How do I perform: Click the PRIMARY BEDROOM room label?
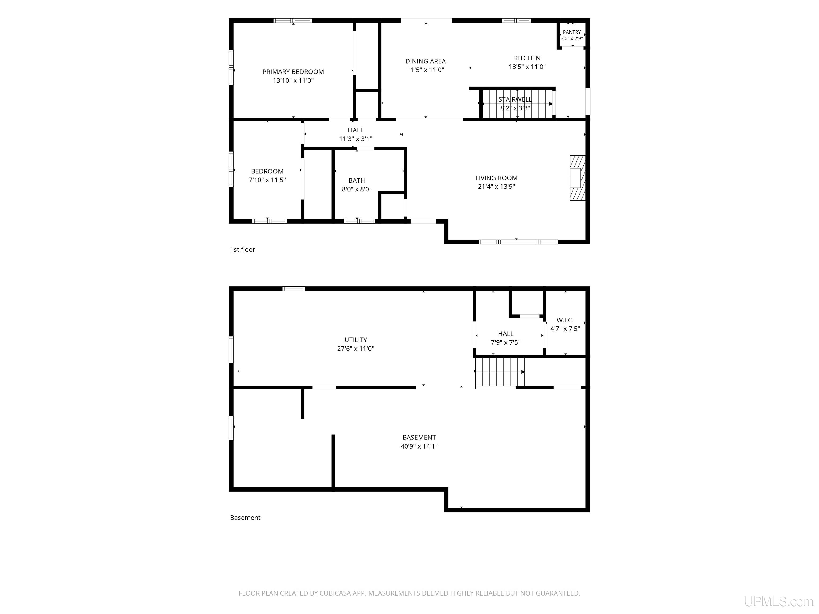(x=293, y=72)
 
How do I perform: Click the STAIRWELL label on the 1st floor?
(x=515, y=99)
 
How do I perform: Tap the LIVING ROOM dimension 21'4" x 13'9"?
(x=496, y=187)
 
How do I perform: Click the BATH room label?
(x=356, y=180)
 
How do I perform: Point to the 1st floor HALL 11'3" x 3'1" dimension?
(x=355, y=139)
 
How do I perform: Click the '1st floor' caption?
(x=243, y=249)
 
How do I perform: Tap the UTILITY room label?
(x=355, y=340)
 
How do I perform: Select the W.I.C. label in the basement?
(x=565, y=320)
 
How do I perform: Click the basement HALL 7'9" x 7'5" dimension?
(x=505, y=343)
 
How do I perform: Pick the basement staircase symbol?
(x=499, y=372)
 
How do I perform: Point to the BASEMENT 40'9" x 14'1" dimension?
(x=419, y=446)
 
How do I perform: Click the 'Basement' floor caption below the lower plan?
(x=245, y=518)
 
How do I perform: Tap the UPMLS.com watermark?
(x=779, y=602)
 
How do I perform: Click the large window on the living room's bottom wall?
(x=518, y=242)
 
